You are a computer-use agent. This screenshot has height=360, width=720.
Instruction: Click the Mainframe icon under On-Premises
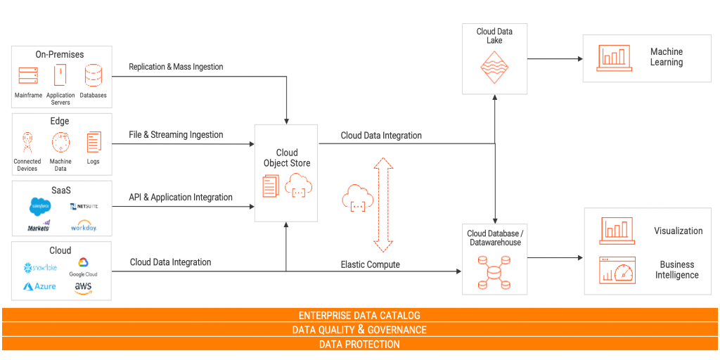[28, 75]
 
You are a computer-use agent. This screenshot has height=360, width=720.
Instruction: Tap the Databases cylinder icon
[93, 76]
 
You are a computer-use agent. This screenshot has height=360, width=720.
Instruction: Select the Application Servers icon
[60, 75]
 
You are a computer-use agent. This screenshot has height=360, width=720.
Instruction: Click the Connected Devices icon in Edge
[27, 143]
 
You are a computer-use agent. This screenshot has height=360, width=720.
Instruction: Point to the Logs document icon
[94, 143]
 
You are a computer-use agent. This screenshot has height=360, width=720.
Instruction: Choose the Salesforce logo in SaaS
[40, 206]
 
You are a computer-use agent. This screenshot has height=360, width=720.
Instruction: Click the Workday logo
[84, 227]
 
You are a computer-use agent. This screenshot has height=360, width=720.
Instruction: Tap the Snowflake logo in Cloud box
[40, 268]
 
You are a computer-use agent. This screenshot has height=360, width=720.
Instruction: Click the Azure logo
[39, 287]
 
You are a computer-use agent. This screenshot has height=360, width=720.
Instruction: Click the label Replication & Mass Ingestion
[176, 67]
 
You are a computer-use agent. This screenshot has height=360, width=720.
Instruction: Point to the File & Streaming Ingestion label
[176, 134]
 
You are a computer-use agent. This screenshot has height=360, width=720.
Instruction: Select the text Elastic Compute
[370, 264]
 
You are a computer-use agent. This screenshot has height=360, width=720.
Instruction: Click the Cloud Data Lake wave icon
[494, 68]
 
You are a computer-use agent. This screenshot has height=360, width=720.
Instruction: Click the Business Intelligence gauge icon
[617, 270]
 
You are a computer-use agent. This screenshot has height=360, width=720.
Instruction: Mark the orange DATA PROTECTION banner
[359, 345]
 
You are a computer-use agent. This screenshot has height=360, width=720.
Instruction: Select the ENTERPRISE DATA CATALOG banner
[359, 315]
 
